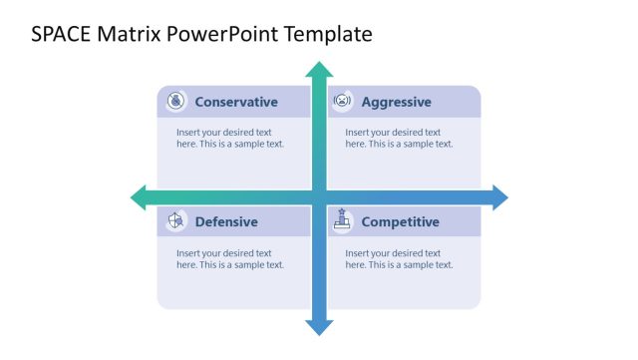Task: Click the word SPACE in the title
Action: coord(59,35)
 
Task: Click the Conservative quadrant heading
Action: coord(236,102)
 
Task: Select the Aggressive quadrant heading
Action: coord(396,102)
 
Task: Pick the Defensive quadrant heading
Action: coord(226,221)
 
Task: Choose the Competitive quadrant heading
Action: coord(400,221)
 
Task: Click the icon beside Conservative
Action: coord(175,101)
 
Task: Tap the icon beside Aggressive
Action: coord(342,101)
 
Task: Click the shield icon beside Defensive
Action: coord(175,220)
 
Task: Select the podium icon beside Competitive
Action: coord(342,220)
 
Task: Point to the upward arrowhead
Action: coord(319,69)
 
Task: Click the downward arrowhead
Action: coord(319,326)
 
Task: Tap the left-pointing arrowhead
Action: coord(139,197)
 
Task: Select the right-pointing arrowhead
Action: coord(499,197)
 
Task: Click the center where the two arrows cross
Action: coord(319,197)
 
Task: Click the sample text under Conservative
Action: coord(230,138)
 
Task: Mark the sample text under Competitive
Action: coord(399,259)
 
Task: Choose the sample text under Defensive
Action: coord(230,259)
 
